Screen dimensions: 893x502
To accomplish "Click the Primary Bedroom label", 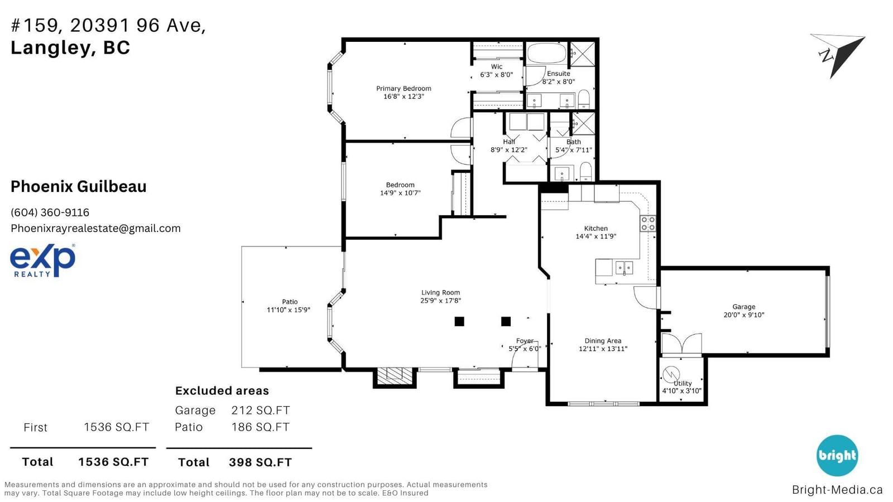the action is pyautogui.click(x=404, y=89).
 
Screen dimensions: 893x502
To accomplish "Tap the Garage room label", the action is pyautogui.click(x=743, y=307).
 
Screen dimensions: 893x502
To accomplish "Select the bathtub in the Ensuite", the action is pyautogui.click(x=546, y=54).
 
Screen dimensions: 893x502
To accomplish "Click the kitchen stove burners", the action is pyautogui.click(x=648, y=224).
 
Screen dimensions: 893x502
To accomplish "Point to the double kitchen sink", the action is pyautogui.click(x=624, y=267).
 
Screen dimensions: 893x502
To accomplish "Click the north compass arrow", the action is pyautogui.click(x=839, y=55).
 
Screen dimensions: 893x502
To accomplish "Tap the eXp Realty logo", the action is pyautogui.click(x=42, y=260).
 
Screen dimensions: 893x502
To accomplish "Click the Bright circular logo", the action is pyautogui.click(x=837, y=455).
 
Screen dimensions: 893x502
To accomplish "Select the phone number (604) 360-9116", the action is pyautogui.click(x=50, y=213).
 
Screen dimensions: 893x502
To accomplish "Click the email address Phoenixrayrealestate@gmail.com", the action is pyautogui.click(x=95, y=228).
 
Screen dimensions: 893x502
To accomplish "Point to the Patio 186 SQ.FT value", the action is pyautogui.click(x=260, y=427).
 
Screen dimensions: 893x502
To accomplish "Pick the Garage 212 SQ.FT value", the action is pyautogui.click(x=260, y=410).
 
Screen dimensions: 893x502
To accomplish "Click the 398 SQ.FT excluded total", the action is pyautogui.click(x=260, y=462).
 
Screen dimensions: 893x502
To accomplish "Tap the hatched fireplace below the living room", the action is pyautogui.click(x=395, y=376).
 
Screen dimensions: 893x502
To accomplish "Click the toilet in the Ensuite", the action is pyautogui.click(x=584, y=99).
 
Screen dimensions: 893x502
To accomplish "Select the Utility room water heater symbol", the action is pyautogui.click(x=671, y=375).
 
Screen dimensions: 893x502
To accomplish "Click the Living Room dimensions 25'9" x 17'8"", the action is pyautogui.click(x=440, y=301).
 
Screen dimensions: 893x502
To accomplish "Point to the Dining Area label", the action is pyautogui.click(x=603, y=341).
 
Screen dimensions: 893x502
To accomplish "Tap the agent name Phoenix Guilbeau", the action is pyautogui.click(x=79, y=186).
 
